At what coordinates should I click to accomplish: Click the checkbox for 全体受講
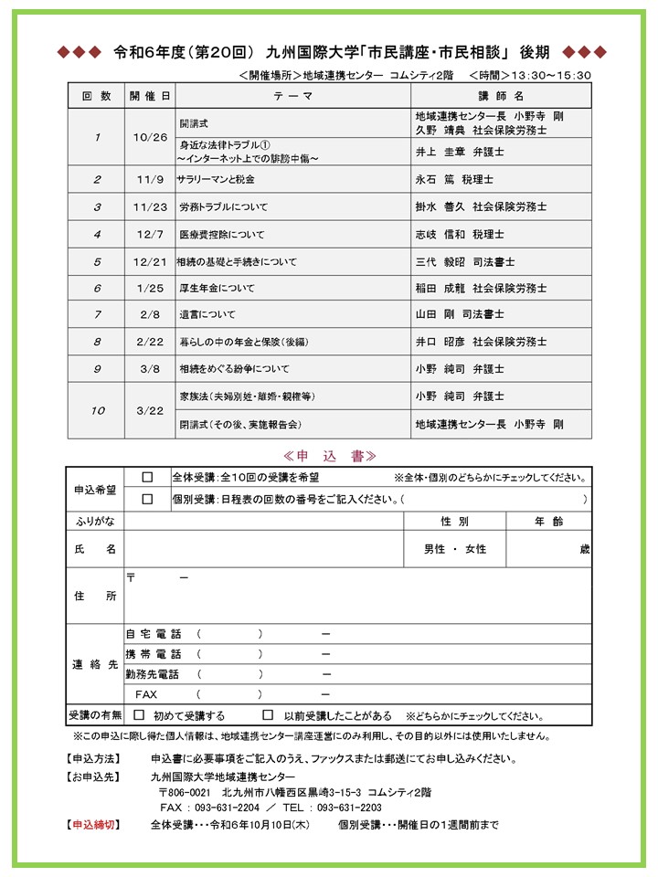(x=147, y=477)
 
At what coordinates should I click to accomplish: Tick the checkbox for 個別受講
(x=147, y=499)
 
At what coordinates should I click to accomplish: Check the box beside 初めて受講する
(x=140, y=715)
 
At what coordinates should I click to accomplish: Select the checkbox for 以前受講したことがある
(x=268, y=715)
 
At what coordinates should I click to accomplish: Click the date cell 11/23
(x=150, y=207)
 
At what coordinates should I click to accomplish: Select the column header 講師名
(x=501, y=95)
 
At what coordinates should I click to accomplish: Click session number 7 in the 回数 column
(x=97, y=314)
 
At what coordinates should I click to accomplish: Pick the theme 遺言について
(x=207, y=314)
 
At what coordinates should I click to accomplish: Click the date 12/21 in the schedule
(x=150, y=261)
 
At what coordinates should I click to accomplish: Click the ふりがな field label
(x=95, y=521)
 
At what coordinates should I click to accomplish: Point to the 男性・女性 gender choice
(x=454, y=549)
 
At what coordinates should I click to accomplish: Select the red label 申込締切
(x=94, y=825)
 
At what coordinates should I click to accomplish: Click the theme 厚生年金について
(x=218, y=288)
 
